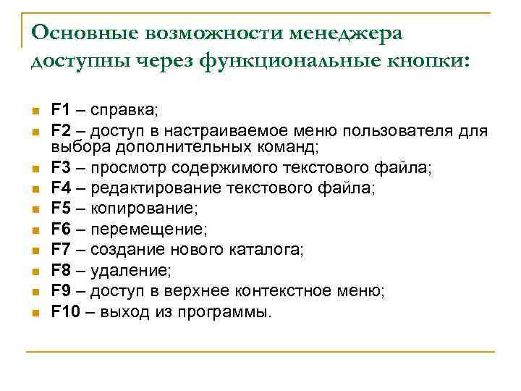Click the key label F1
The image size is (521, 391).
click(x=60, y=111)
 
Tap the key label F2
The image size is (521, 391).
click(x=60, y=131)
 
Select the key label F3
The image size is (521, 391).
click(x=60, y=169)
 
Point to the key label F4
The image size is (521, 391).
click(x=60, y=189)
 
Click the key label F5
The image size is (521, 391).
click(x=60, y=209)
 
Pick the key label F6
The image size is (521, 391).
click(x=60, y=230)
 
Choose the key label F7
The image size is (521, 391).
click(x=60, y=250)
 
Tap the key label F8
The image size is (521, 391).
click(x=60, y=271)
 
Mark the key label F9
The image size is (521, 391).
click(x=60, y=291)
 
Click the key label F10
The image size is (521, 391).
click(x=64, y=312)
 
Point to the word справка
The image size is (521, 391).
click(x=124, y=111)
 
